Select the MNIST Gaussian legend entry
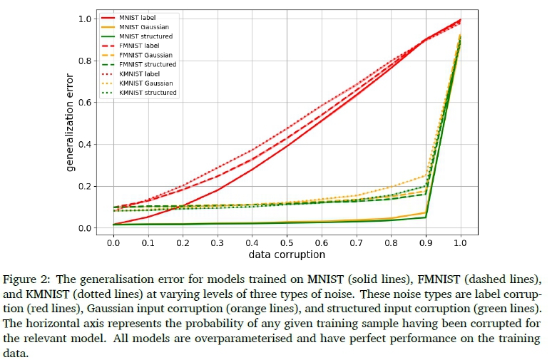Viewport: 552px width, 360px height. (x=143, y=26)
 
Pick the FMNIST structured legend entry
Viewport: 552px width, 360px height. (x=145, y=64)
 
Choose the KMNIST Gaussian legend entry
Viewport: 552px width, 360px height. (x=145, y=83)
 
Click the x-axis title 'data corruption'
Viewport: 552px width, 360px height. (x=287, y=254)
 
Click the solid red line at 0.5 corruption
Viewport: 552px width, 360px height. (x=287, y=147)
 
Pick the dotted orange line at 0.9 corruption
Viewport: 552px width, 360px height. (x=426, y=175)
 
